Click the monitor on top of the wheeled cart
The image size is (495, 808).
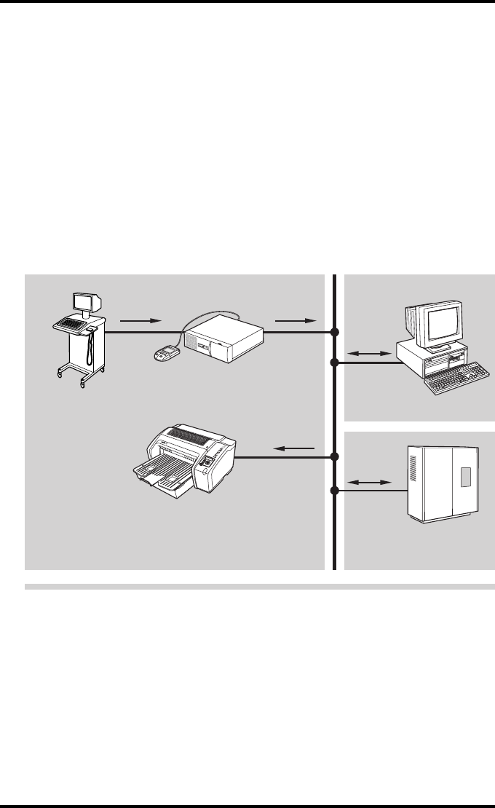click(86, 302)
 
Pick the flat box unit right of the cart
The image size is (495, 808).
click(224, 339)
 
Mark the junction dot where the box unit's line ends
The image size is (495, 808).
click(335, 333)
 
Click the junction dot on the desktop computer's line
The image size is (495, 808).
click(335, 362)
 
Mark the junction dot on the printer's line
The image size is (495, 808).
click(335, 457)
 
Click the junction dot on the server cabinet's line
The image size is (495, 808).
click(335, 491)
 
